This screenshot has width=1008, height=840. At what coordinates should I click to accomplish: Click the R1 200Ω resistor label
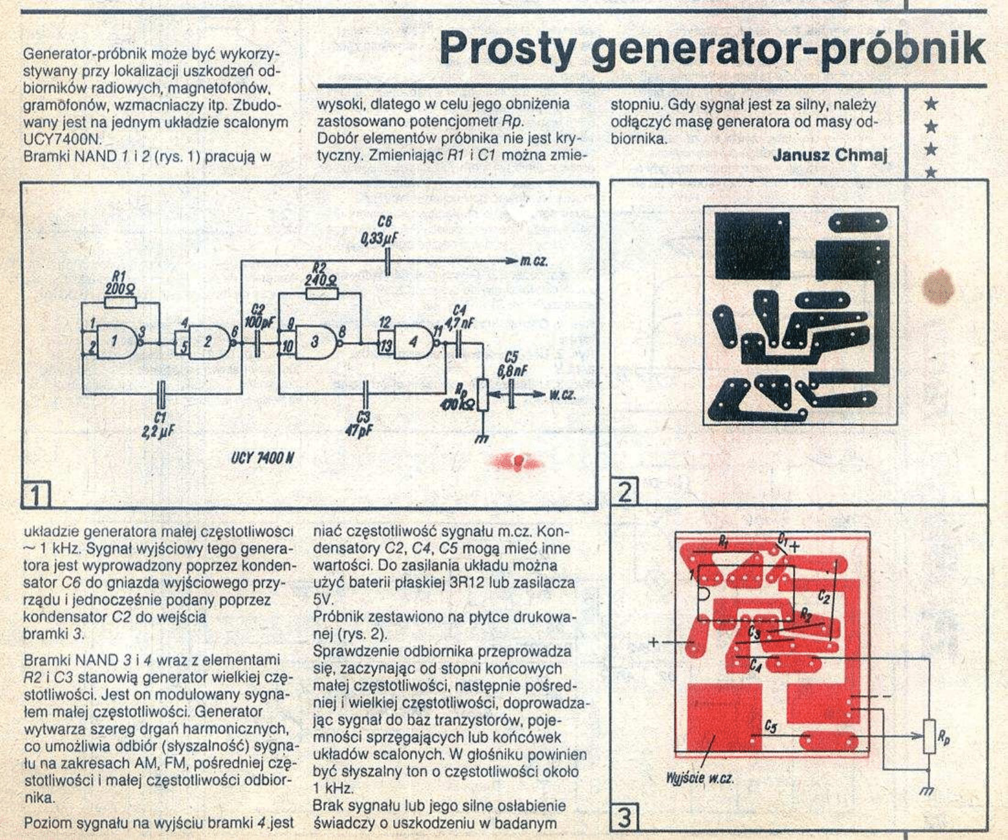(x=120, y=281)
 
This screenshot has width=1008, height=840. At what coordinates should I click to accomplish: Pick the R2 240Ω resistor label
(x=320, y=274)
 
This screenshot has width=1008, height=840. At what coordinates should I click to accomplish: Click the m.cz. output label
(x=534, y=262)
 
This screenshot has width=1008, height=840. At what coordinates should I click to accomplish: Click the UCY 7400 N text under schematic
(x=262, y=457)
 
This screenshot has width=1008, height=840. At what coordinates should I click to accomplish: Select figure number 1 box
(x=36, y=495)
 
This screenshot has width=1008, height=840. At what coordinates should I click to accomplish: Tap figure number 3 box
(x=624, y=818)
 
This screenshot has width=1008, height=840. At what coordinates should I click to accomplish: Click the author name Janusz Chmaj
(x=830, y=155)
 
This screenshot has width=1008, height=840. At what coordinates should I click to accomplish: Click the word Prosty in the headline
(x=507, y=48)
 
